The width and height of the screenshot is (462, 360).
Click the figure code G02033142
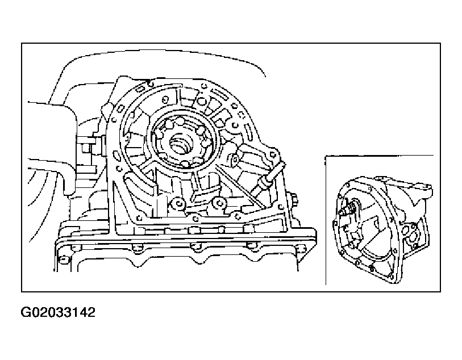click(x=58, y=312)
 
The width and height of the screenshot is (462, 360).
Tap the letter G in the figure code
click(x=26, y=312)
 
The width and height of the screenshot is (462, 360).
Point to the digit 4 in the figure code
click(x=83, y=312)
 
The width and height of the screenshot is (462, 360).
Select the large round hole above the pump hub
click(x=201, y=102)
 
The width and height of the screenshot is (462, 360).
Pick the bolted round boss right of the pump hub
click(x=235, y=159)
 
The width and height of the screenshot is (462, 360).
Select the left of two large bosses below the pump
click(x=178, y=203)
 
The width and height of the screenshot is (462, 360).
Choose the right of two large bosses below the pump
click(x=219, y=203)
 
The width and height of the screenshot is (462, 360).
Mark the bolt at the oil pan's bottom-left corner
click(x=62, y=259)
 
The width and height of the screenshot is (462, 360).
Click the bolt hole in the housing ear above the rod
click(x=273, y=154)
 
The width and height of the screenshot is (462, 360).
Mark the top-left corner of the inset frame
click(x=326, y=156)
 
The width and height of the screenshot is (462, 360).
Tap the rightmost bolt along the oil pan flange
click(x=301, y=248)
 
